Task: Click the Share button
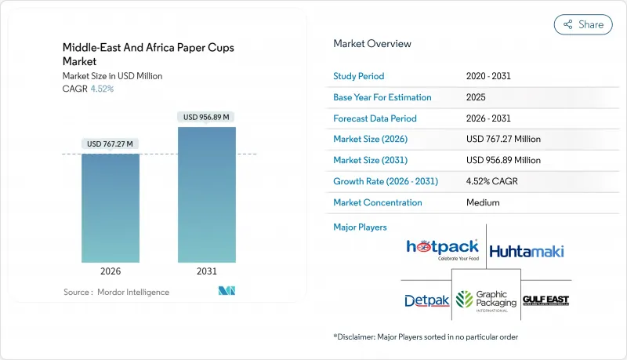coord(583,24)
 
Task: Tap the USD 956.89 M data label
coord(207,117)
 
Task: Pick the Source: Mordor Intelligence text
coord(116,292)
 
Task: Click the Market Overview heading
coord(372,44)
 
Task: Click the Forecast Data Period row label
coord(375,118)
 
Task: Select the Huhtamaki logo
coord(526,252)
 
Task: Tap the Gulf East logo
coord(545,301)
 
